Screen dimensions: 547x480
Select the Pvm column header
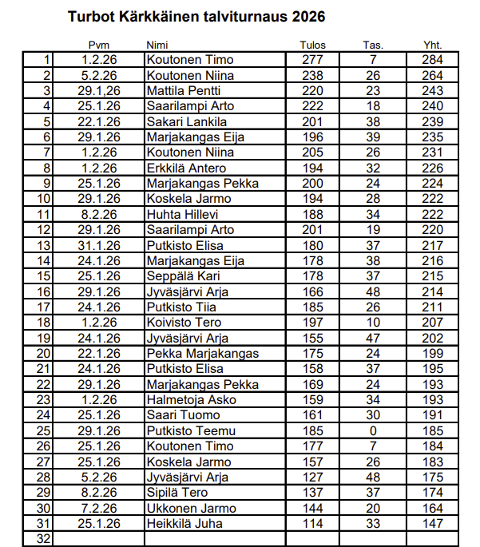(100, 45)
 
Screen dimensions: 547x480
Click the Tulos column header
(313, 45)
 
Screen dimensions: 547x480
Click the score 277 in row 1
(313, 60)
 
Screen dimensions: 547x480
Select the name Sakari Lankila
(187, 122)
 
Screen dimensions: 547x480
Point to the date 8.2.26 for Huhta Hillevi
(100, 215)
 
